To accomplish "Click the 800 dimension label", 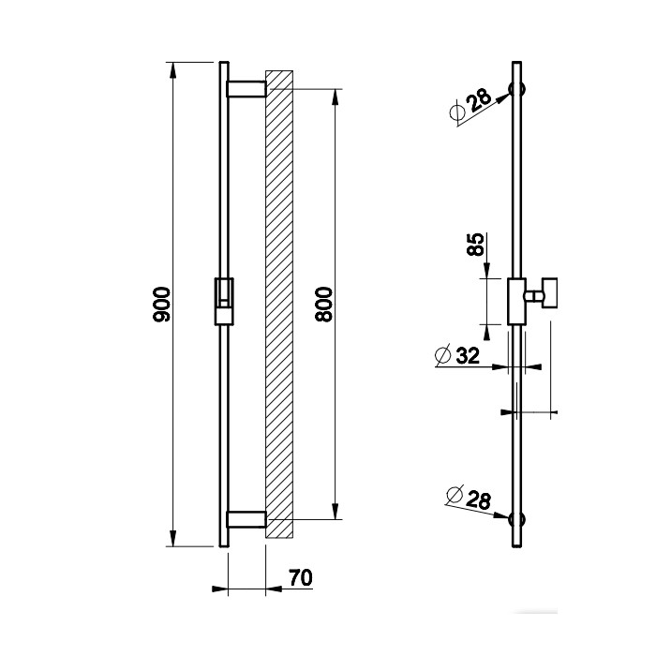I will tap(324, 306).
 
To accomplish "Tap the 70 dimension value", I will tap(300, 578).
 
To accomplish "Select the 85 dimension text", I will tap(475, 246).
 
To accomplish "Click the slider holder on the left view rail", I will tap(225, 300).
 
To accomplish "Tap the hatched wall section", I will tap(280, 305).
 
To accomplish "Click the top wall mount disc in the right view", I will tap(516, 91).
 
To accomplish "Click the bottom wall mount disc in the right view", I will tap(516, 518).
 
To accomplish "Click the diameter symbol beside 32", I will tap(443, 355).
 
